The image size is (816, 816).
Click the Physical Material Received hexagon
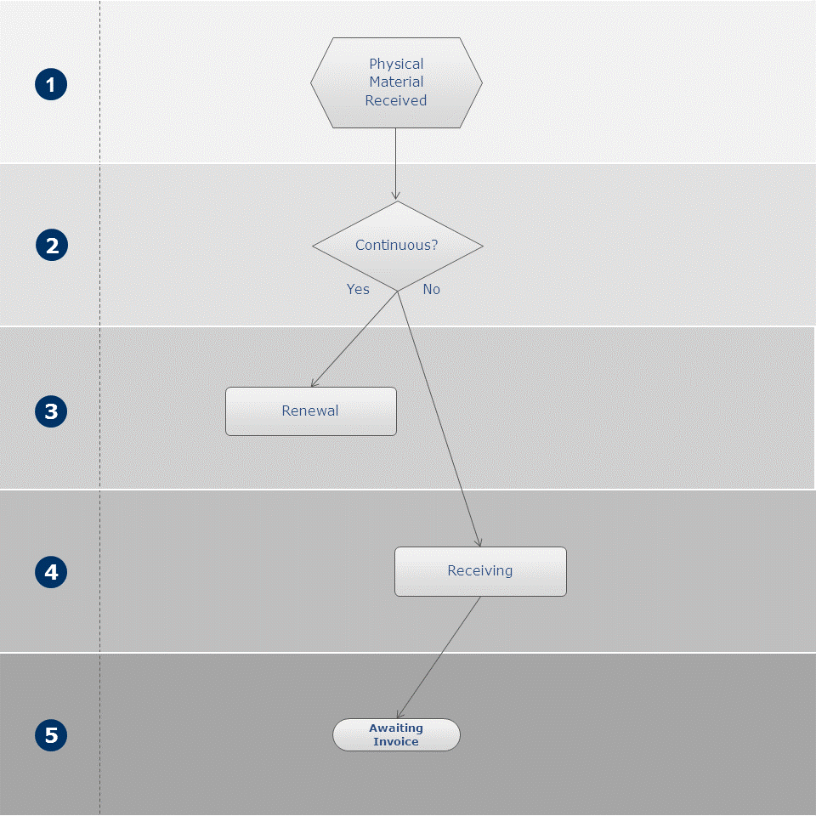click(396, 82)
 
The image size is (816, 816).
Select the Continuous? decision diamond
click(398, 246)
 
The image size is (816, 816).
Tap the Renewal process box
click(311, 411)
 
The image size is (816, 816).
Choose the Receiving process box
click(480, 571)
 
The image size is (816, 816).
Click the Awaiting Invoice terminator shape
click(396, 734)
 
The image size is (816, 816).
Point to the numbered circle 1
click(51, 84)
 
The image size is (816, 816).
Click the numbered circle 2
click(52, 245)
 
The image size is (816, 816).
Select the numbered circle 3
click(51, 411)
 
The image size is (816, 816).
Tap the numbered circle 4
click(51, 572)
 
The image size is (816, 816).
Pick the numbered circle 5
click(51, 734)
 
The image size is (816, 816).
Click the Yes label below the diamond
click(358, 289)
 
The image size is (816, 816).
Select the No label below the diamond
click(432, 289)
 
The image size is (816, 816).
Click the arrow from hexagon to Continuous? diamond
click(395, 164)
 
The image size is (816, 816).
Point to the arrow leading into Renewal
click(354, 339)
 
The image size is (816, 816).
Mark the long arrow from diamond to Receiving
click(439, 419)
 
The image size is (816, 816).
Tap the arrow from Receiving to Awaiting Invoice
click(439, 657)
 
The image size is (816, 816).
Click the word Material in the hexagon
click(396, 82)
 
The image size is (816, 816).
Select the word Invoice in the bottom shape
click(396, 741)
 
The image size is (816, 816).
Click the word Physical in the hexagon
click(396, 64)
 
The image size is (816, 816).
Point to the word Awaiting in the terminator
click(396, 728)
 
